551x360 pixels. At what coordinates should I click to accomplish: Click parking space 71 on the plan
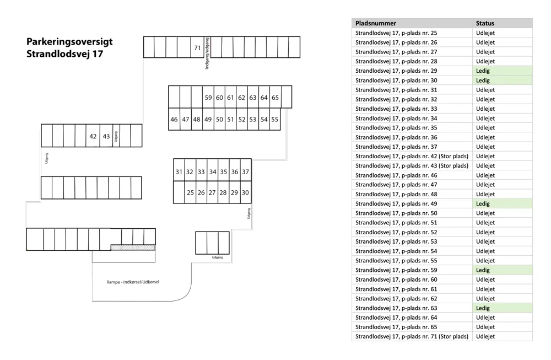[197, 47]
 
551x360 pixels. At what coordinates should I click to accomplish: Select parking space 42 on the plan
[93, 136]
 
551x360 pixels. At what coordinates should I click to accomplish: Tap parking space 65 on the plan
[275, 98]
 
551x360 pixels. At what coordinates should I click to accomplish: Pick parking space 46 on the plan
[174, 119]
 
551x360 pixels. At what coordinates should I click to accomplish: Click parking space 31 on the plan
[179, 171]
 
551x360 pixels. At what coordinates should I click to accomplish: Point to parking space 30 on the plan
[245, 192]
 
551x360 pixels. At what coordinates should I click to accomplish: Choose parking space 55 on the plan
[275, 119]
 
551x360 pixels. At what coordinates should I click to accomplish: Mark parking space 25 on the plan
[190, 192]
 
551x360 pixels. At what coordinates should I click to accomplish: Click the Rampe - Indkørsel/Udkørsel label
[133, 282]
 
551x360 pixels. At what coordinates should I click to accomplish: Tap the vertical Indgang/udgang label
[207, 53]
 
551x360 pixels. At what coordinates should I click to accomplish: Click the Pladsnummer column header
[376, 23]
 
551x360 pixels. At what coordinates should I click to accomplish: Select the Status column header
[485, 23]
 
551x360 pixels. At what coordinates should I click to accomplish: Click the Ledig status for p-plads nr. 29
[483, 71]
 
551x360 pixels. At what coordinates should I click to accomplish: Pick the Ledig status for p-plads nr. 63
[483, 308]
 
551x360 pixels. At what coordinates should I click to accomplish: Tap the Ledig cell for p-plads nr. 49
[483, 203]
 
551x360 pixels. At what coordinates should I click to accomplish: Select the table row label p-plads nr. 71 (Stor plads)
[412, 336]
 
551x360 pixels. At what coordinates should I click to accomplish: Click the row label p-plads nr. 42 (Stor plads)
[412, 156]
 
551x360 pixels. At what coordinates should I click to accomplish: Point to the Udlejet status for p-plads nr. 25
[485, 33]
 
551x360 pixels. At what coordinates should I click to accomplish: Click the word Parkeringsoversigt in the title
[69, 41]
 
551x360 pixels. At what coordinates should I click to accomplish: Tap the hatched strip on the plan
[133, 248]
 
